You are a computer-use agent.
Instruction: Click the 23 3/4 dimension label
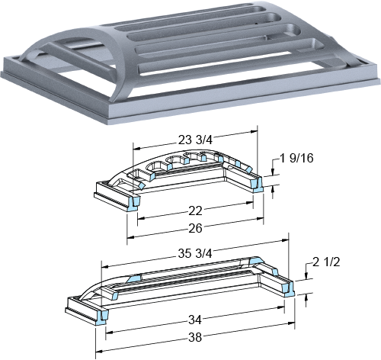(195, 140)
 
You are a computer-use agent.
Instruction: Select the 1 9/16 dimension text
(296, 158)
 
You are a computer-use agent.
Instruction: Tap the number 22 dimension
(195, 211)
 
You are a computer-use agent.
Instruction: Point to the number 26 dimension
(195, 228)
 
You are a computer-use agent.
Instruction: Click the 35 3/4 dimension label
(195, 254)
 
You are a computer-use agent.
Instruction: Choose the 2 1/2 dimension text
(326, 262)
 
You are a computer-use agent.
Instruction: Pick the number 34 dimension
(195, 320)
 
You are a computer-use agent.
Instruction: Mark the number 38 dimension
(195, 337)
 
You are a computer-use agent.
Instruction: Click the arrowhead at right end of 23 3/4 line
(254, 132)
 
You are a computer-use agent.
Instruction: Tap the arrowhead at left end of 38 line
(99, 352)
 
